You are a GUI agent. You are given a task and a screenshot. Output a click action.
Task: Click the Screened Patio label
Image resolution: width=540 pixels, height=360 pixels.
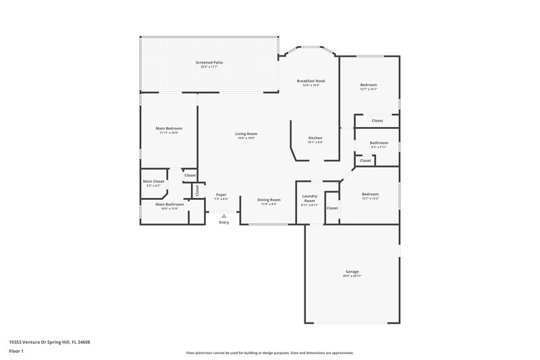pos(209,62)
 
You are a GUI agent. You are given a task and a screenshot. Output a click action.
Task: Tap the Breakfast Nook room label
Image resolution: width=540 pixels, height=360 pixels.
pos(310,81)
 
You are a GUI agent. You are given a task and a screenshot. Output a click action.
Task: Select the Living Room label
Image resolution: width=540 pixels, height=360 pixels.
pos(246,134)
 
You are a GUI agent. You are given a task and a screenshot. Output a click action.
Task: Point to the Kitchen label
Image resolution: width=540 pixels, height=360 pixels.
pos(315,138)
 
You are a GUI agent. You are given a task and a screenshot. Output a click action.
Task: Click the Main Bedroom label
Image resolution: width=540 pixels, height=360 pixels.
pos(169,128)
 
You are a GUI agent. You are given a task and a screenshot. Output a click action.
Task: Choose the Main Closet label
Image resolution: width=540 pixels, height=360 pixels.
pos(153,182)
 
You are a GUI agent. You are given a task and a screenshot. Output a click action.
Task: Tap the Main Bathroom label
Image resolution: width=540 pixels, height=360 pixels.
pos(169,205)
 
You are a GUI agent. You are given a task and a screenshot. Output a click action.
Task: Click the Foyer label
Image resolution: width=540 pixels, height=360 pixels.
pos(221,195)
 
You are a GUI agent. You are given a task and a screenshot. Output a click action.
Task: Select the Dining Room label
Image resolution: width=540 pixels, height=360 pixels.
pos(269,199)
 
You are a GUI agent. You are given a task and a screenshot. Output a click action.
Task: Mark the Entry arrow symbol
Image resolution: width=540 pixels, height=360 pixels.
pos(223,216)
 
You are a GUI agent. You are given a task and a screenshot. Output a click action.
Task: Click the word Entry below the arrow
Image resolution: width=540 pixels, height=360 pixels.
pos(223,223)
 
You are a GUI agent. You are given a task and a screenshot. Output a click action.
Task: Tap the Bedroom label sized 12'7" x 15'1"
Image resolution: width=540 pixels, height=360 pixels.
pos(369,84)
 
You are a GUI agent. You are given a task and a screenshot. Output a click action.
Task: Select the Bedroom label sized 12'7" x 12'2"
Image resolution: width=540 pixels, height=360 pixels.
pos(370,194)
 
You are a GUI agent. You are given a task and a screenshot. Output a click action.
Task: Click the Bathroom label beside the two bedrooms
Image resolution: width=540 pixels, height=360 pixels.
pos(379,143)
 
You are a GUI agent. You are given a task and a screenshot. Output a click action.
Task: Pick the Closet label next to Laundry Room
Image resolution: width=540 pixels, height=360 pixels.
pos(332,208)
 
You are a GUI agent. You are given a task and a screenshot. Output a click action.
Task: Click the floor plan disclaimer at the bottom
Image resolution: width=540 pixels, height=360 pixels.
pos(269,353)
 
